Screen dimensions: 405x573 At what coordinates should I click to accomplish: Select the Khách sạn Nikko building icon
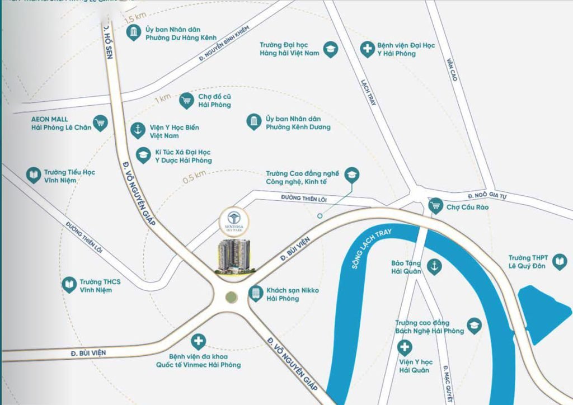pyautogui.click(x=255, y=293)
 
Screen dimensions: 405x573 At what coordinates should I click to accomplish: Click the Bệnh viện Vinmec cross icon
pyautogui.click(x=199, y=341)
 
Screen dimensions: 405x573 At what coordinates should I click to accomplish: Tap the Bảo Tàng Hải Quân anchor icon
pyautogui.click(x=433, y=267)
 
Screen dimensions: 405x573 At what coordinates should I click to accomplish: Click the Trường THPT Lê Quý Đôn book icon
pyautogui.click(x=558, y=261)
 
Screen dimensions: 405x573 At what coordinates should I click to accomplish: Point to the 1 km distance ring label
pyautogui.click(x=163, y=98)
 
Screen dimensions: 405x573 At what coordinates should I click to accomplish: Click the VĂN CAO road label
pyautogui.click(x=452, y=69)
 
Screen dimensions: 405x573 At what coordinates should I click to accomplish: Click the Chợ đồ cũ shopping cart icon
pyautogui.click(x=186, y=101)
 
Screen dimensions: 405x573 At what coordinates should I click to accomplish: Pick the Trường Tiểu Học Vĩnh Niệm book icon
pyautogui.click(x=34, y=176)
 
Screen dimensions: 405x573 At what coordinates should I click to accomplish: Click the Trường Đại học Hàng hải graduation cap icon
pyautogui.click(x=331, y=49)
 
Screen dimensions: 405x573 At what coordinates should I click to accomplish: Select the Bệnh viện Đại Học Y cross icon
pyautogui.click(x=367, y=49)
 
